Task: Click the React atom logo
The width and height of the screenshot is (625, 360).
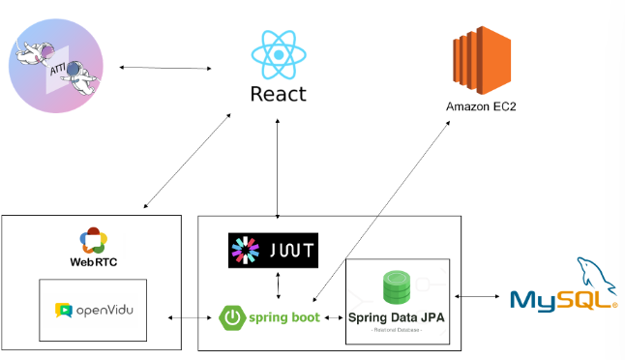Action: point(278,55)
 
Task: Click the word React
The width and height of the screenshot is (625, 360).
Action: point(278,94)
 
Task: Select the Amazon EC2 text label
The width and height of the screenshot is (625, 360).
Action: point(481,105)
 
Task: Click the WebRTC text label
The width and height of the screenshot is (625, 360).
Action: point(93,262)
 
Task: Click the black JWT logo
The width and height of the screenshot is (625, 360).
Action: point(274,250)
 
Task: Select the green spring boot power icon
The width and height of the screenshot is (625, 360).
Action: point(233,317)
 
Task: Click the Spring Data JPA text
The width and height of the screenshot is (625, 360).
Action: point(398,316)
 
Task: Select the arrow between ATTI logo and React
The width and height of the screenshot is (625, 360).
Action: point(164,68)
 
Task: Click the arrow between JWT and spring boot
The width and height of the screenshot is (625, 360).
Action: point(279,285)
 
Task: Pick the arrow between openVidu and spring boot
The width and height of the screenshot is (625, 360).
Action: point(190,317)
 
